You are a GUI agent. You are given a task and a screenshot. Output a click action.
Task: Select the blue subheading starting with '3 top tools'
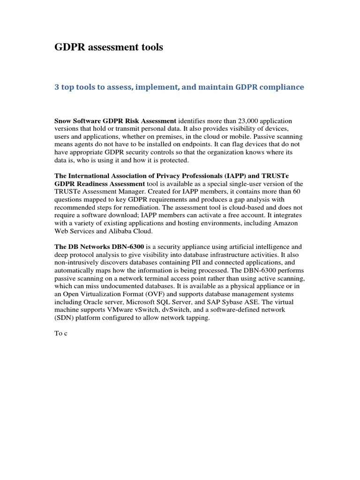coord(180,87)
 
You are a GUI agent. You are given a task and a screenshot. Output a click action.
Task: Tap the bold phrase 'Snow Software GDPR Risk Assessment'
coord(115,121)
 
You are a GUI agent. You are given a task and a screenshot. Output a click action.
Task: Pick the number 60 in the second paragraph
coord(293,192)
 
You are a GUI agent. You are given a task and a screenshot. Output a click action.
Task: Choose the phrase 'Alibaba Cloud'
coord(130,232)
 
